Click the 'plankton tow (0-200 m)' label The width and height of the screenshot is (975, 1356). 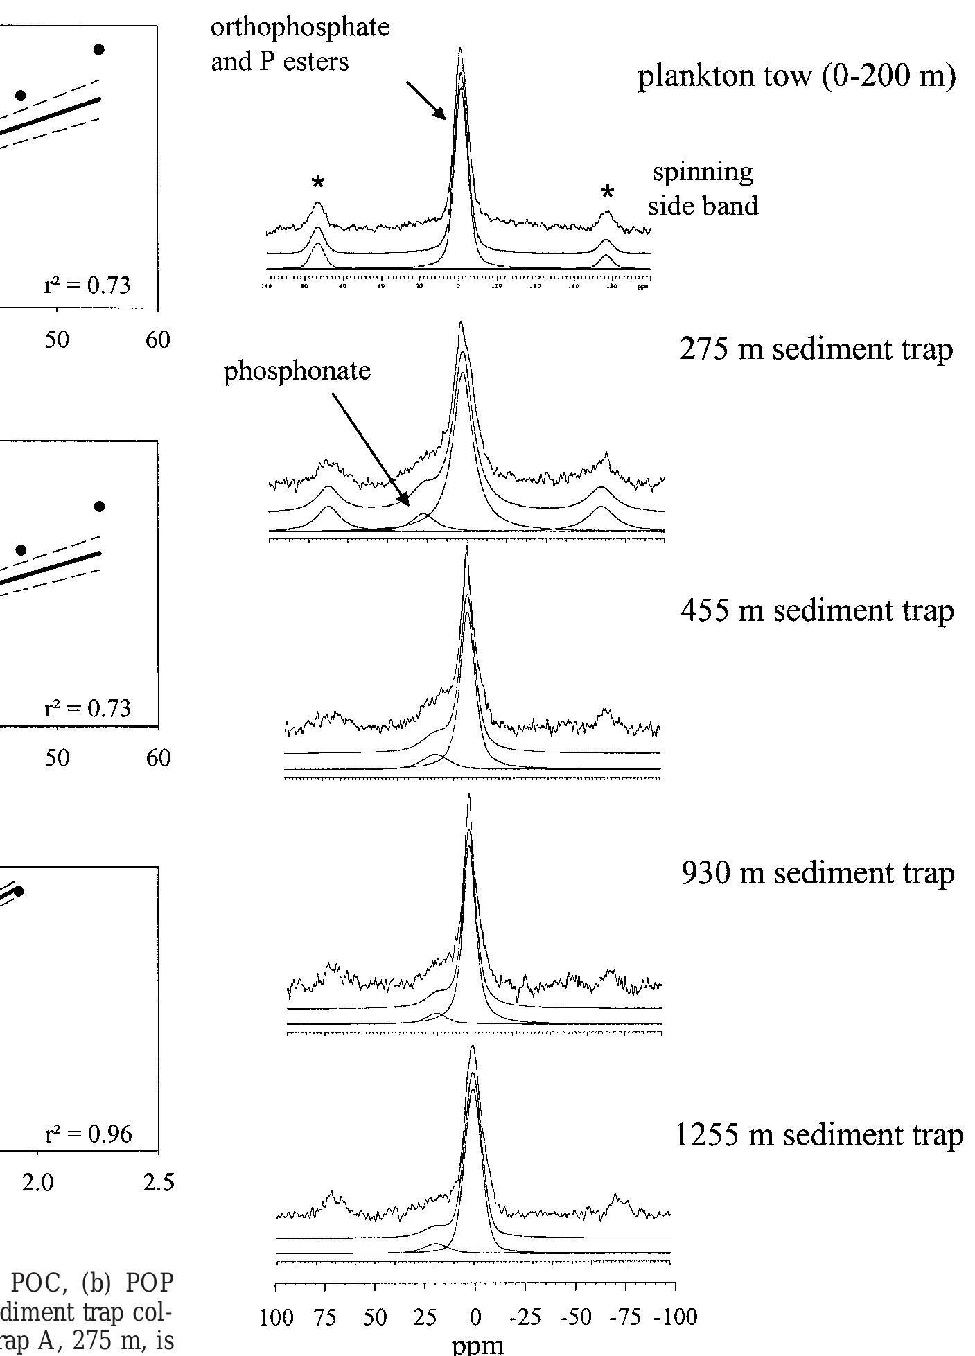tap(796, 77)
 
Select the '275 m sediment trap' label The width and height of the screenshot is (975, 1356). tap(816, 349)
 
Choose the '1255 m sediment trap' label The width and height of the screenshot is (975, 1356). tap(818, 1136)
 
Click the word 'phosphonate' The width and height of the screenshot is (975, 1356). tap(297, 371)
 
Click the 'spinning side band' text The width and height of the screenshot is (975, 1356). tap(703, 188)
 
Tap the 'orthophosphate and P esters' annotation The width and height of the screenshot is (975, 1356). tap(299, 44)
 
